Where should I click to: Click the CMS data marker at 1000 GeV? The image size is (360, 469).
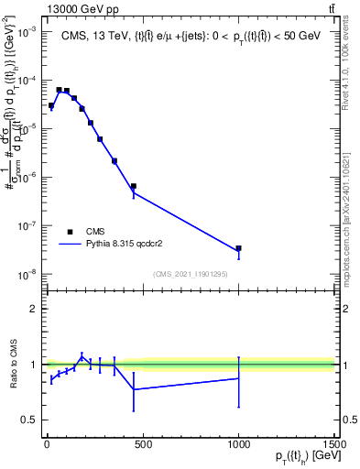point(238,248)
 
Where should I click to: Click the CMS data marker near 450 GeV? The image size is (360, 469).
point(133,186)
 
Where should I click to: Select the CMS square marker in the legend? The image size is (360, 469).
point(70,232)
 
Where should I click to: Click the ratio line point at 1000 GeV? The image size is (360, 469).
point(238,378)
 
